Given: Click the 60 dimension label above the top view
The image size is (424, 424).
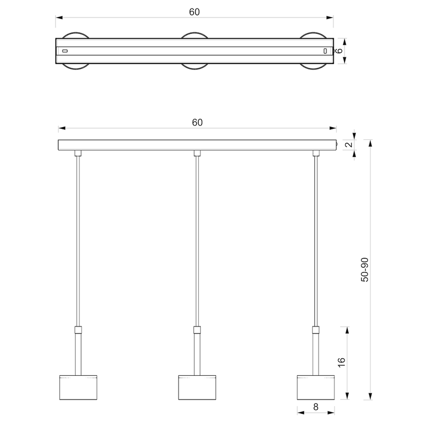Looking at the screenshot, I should pos(194,12).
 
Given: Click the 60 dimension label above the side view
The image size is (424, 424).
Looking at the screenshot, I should pos(197,122).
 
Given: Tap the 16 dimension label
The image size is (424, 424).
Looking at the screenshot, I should pos(342,363).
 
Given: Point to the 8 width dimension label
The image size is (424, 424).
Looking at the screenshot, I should pos(316,407).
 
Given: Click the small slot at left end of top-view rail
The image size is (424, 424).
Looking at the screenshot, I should pos(65,51).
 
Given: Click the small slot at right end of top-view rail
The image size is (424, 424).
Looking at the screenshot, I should pos(325,51).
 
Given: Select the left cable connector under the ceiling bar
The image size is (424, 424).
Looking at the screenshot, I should pos(78,153).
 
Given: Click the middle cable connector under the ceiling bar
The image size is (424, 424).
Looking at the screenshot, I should pos(197,153).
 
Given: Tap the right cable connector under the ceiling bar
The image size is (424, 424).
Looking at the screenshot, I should pos(316,153).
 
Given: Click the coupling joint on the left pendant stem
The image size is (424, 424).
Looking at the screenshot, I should pos(78,330).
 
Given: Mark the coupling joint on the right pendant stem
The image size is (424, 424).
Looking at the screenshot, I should pos(316,330).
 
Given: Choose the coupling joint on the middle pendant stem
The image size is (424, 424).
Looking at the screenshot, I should pos(197,330).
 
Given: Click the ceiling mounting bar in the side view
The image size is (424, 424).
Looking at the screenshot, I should pos(197,145).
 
